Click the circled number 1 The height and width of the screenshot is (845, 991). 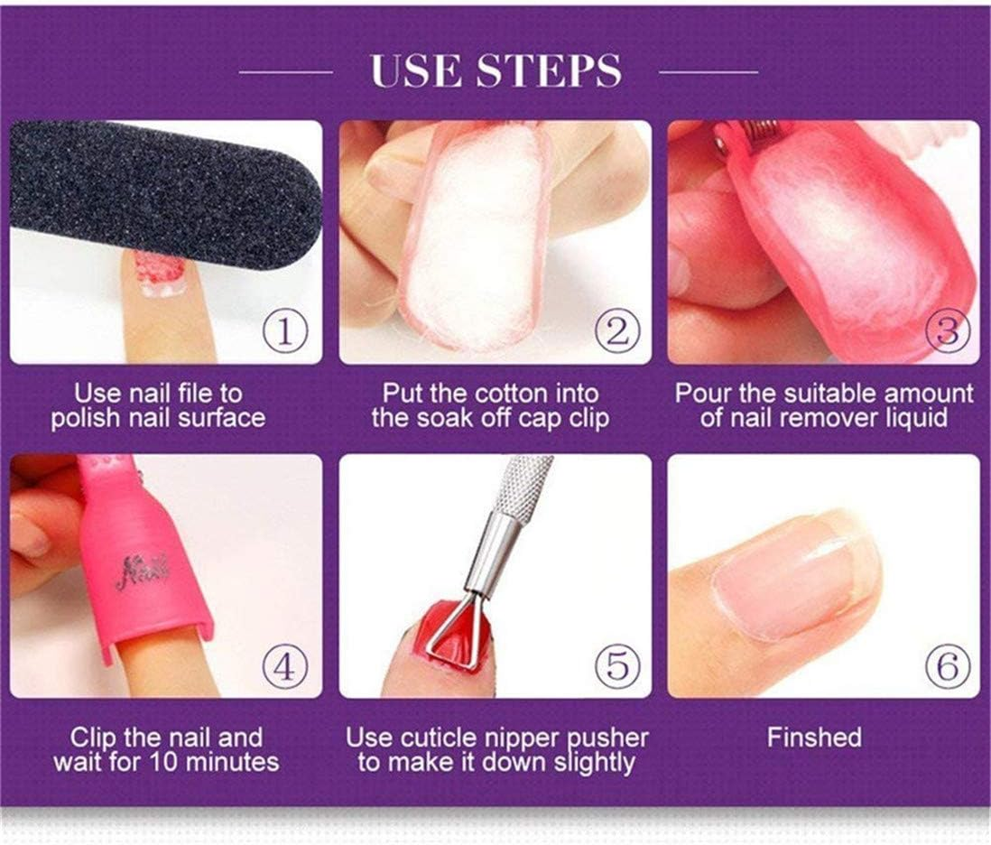tap(284, 332)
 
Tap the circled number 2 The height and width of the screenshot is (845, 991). tap(616, 332)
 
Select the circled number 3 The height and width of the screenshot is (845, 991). tap(947, 332)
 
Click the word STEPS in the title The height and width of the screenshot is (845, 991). tap(550, 71)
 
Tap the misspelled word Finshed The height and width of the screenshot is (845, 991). tap(814, 737)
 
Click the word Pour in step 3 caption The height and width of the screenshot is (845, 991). tap(702, 394)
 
